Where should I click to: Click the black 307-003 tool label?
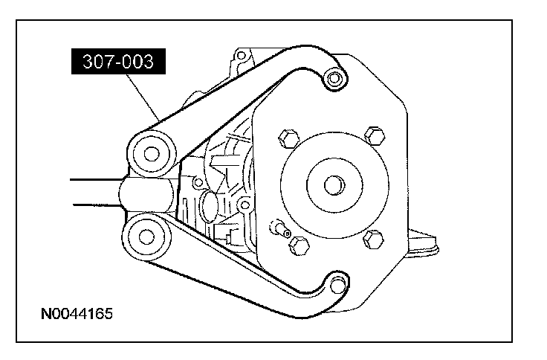[x=118, y=62]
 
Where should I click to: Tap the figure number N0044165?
[x=77, y=314]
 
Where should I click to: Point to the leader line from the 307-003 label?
[x=143, y=97]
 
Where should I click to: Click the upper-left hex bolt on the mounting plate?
[x=289, y=138]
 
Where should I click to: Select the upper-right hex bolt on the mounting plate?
[x=375, y=136]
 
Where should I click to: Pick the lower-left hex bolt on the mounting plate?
[x=299, y=245]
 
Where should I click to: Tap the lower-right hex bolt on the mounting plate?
[x=373, y=240]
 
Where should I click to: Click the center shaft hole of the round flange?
[x=334, y=185]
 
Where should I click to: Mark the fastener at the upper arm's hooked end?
[x=334, y=78]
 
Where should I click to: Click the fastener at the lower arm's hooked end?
[x=337, y=285]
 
